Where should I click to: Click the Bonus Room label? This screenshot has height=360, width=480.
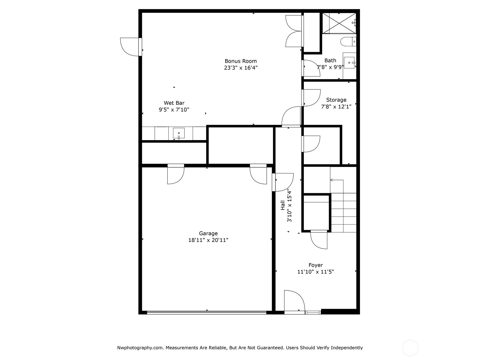pyautogui.click(x=241, y=61)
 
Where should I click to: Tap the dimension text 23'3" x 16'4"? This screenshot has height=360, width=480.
pyautogui.click(x=241, y=68)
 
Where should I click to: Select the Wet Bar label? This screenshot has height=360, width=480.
pyautogui.click(x=174, y=103)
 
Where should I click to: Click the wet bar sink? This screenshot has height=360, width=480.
pyautogui.click(x=179, y=133)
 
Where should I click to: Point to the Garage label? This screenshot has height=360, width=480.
pyautogui.click(x=208, y=233)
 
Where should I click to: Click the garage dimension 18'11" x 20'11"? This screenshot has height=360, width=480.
pyautogui.click(x=208, y=240)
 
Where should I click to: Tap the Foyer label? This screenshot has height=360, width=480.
pyautogui.click(x=316, y=265)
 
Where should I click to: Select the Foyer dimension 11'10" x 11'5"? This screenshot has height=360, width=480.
pyautogui.click(x=316, y=272)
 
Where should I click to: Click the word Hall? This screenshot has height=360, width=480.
pyautogui.click(x=283, y=205)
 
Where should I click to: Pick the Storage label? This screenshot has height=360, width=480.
pyautogui.click(x=336, y=100)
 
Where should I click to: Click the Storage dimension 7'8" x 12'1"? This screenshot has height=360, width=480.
pyautogui.click(x=336, y=107)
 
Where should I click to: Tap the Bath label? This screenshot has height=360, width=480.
pyautogui.click(x=330, y=60)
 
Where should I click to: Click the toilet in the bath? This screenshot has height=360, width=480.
pyautogui.click(x=348, y=41)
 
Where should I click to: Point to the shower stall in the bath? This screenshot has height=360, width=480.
pyautogui.click(x=339, y=23)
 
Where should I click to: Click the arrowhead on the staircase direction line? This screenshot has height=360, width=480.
pyautogui.click(x=331, y=180)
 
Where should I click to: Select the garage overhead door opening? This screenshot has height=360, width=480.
pyautogui.click(x=207, y=312)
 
